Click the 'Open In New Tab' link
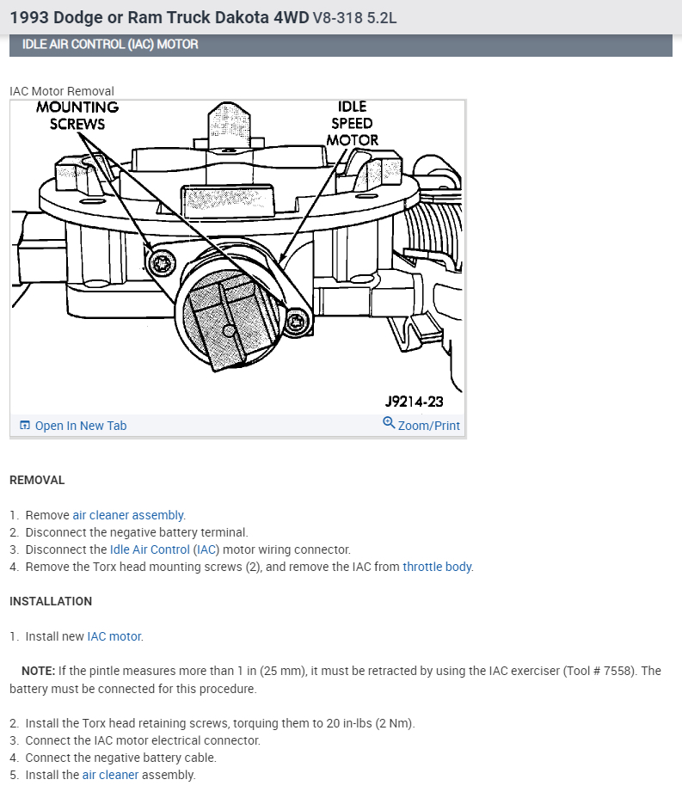[x=80, y=426]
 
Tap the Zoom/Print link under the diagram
[x=428, y=426]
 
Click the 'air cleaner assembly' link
[x=128, y=515]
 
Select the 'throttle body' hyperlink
[x=437, y=567]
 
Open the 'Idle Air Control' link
[x=150, y=549]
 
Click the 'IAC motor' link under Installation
[x=114, y=637]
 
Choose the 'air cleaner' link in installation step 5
[x=110, y=775]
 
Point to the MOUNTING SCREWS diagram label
[x=77, y=115]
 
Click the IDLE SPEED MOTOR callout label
[x=352, y=122]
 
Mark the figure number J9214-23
[x=414, y=401]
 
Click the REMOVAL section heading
[x=37, y=480]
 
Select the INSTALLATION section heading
[x=51, y=601]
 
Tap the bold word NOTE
[x=39, y=671]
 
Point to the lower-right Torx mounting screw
[x=297, y=322]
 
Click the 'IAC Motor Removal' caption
[x=62, y=91]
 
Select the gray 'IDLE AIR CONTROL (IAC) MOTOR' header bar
[x=341, y=45]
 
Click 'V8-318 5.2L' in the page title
[x=355, y=17]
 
